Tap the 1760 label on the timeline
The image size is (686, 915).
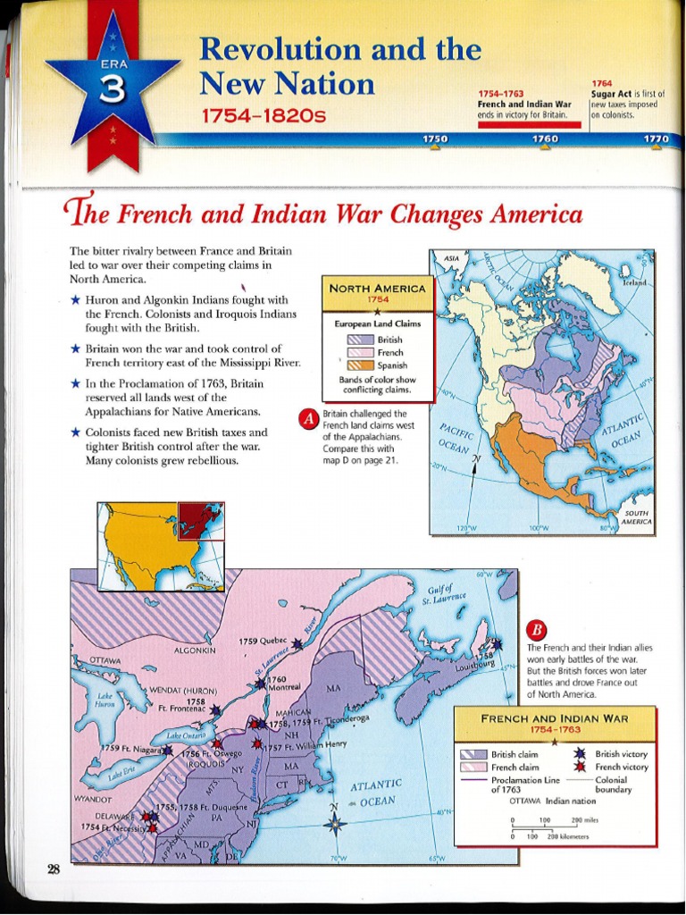coord(544,139)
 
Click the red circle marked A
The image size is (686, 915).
coord(309,418)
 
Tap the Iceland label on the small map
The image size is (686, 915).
coord(634,281)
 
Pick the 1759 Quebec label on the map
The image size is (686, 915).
coord(262,641)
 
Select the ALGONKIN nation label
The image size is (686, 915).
coord(196,650)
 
